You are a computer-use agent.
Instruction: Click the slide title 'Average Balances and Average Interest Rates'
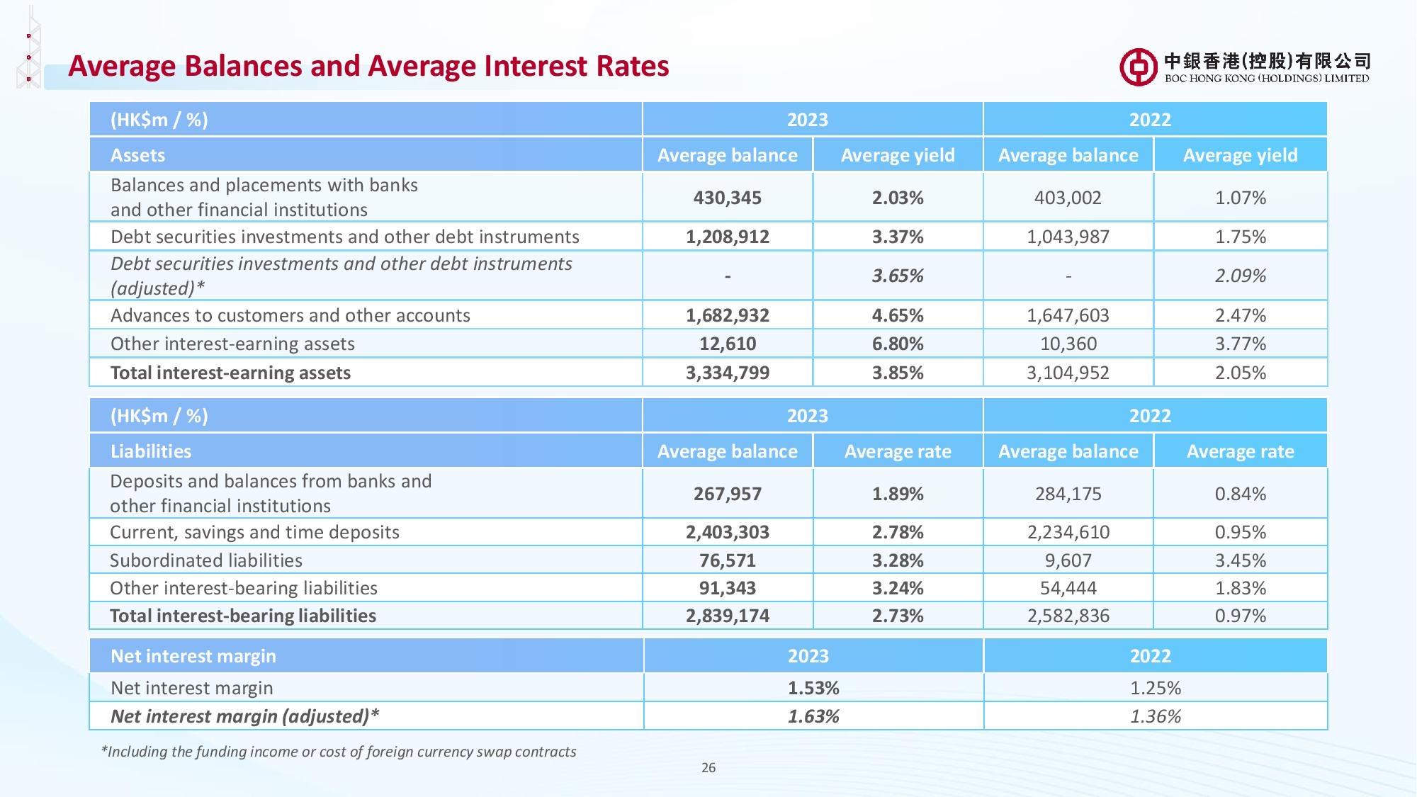[x=368, y=66]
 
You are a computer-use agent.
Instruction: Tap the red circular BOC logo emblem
[x=1138, y=67]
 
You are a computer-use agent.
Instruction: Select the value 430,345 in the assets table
[x=727, y=198]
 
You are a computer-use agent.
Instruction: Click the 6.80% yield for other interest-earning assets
[x=897, y=344]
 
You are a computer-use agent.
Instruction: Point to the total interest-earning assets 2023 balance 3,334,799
[x=727, y=373]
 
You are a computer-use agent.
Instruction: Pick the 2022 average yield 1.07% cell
[x=1240, y=198]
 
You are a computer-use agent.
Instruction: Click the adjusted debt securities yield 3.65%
[x=897, y=276]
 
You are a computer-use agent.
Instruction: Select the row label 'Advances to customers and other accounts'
[x=290, y=315]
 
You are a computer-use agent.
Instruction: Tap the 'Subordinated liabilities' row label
[x=205, y=560]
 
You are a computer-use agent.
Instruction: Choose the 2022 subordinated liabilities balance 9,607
[x=1068, y=560]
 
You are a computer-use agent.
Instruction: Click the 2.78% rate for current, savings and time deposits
[x=897, y=532]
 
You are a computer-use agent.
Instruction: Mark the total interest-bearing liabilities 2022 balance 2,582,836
[x=1068, y=616]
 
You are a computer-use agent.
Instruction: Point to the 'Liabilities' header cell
[x=150, y=451]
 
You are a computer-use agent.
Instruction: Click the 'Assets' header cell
[x=137, y=155]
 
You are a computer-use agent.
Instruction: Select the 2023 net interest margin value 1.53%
[x=813, y=688]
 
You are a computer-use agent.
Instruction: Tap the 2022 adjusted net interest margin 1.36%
[x=1155, y=716]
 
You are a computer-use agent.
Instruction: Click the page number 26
[x=708, y=767]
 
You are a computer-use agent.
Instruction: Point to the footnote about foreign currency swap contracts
[x=339, y=752]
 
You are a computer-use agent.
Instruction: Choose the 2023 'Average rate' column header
[x=897, y=451]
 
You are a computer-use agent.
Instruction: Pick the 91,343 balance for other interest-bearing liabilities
[x=727, y=588]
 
